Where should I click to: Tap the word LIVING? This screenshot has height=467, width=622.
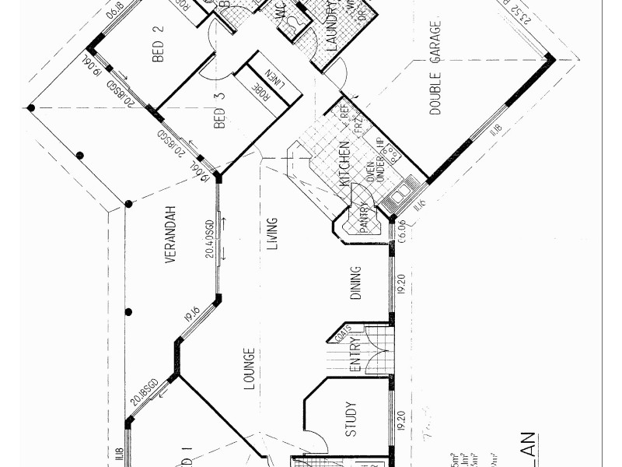(x=272, y=234)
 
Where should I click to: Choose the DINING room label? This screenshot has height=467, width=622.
(x=356, y=283)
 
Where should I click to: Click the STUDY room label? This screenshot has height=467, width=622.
(x=351, y=418)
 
